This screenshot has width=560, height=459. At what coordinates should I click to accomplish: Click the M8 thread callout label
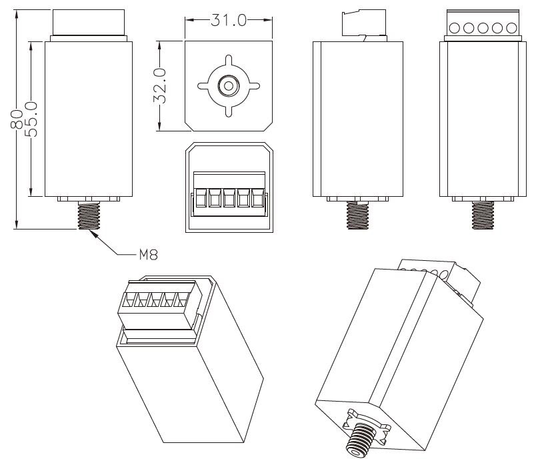tap(148, 254)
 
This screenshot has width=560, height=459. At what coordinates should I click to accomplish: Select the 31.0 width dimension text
tap(228, 20)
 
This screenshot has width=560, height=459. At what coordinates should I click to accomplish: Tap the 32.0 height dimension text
tap(161, 85)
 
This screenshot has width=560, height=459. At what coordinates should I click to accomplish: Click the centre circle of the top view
tap(228, 85)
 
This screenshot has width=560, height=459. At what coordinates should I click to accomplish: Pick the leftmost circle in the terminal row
tap(455, 28)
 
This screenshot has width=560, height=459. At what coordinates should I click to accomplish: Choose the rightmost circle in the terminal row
tap(511, 28)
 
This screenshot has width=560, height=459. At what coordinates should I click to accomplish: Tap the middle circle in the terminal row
tap(483, 28)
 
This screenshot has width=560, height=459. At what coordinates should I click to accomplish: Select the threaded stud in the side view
tap(357, 215)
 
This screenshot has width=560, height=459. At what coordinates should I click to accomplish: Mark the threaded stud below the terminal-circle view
tap(483, 215)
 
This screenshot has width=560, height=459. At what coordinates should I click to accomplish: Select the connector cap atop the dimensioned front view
tap(88, 23)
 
